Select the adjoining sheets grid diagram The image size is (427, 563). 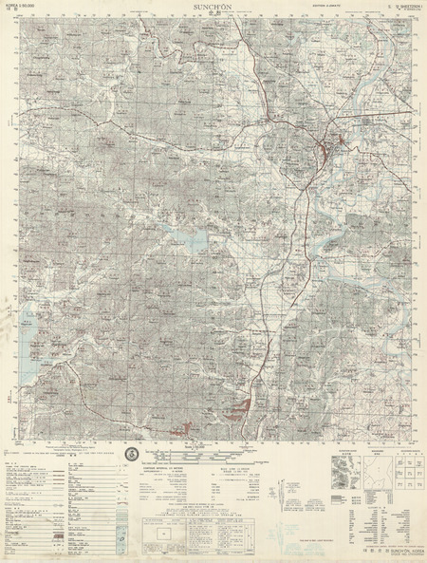390,465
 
